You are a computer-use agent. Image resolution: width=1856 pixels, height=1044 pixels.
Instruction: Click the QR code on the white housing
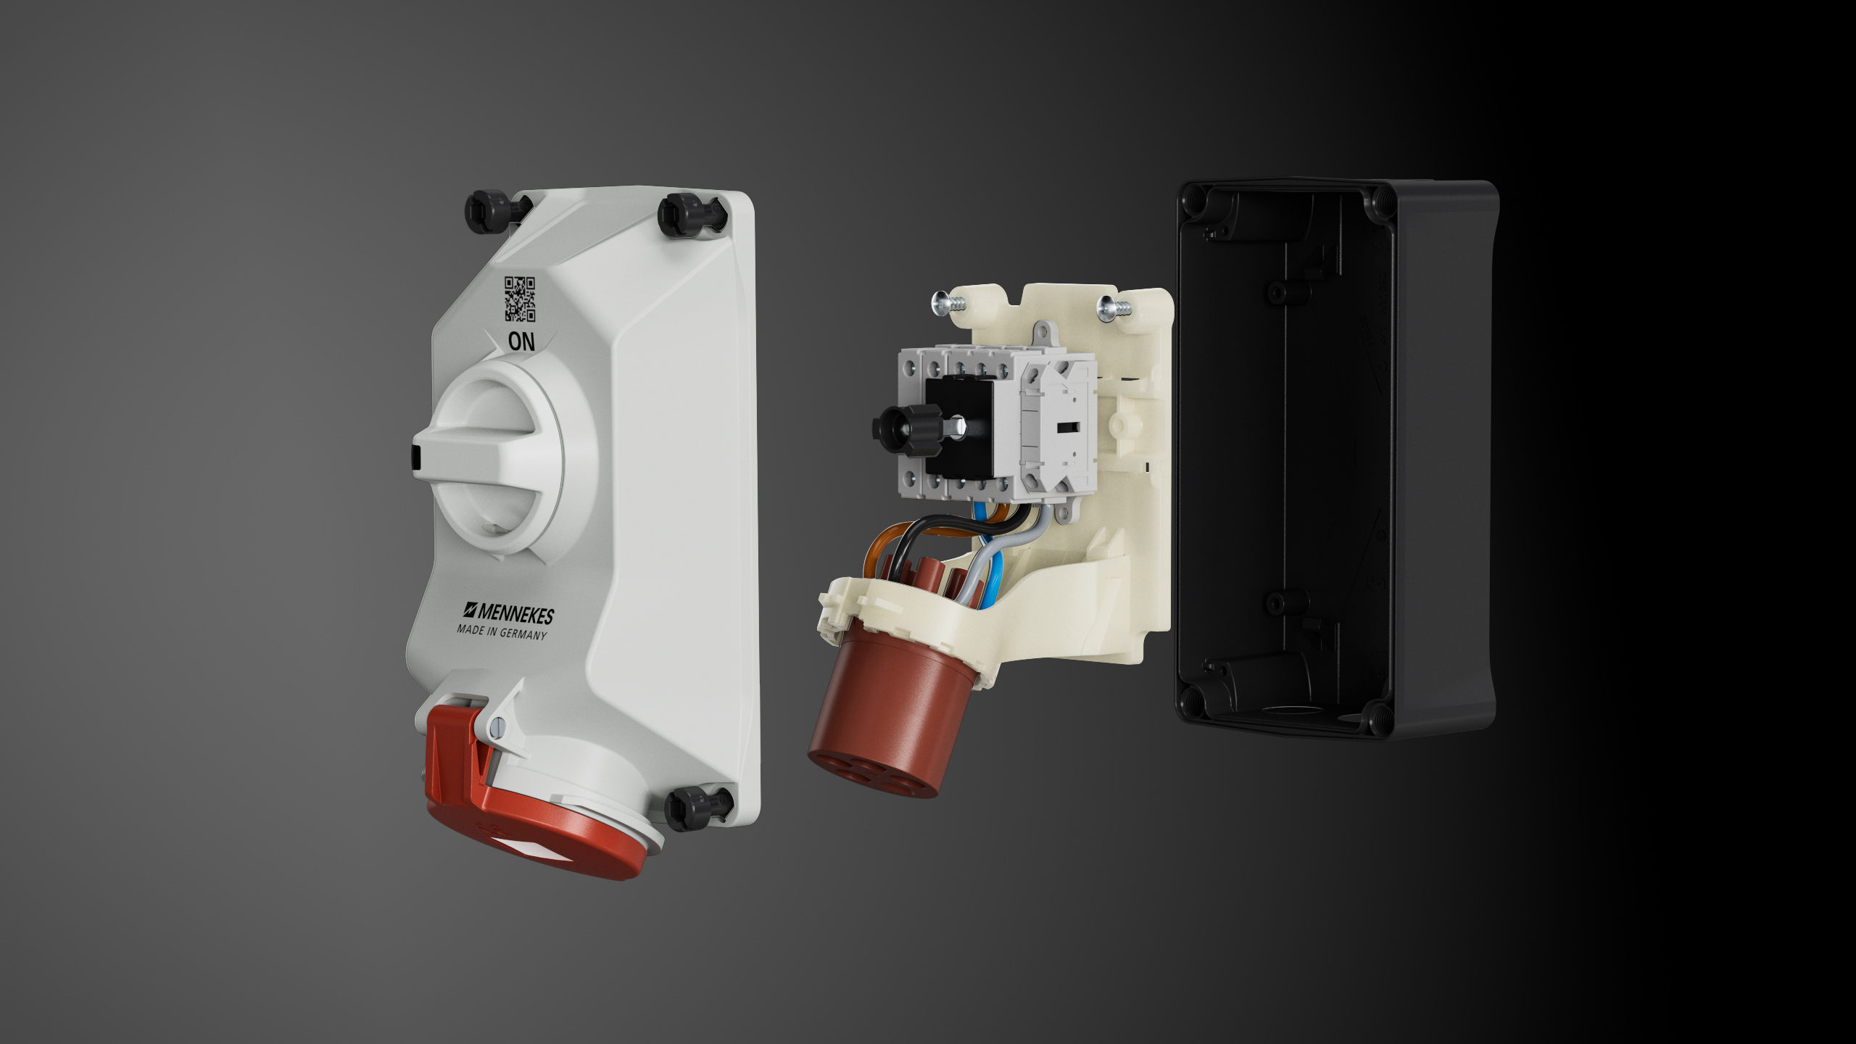[520, 298]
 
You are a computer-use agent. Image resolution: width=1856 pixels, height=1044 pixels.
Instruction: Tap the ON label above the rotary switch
[521, 341]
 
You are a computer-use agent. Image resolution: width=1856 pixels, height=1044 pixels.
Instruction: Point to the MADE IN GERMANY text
[502, 632]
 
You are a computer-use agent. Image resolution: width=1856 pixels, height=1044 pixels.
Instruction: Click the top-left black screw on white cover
[488, 210]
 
